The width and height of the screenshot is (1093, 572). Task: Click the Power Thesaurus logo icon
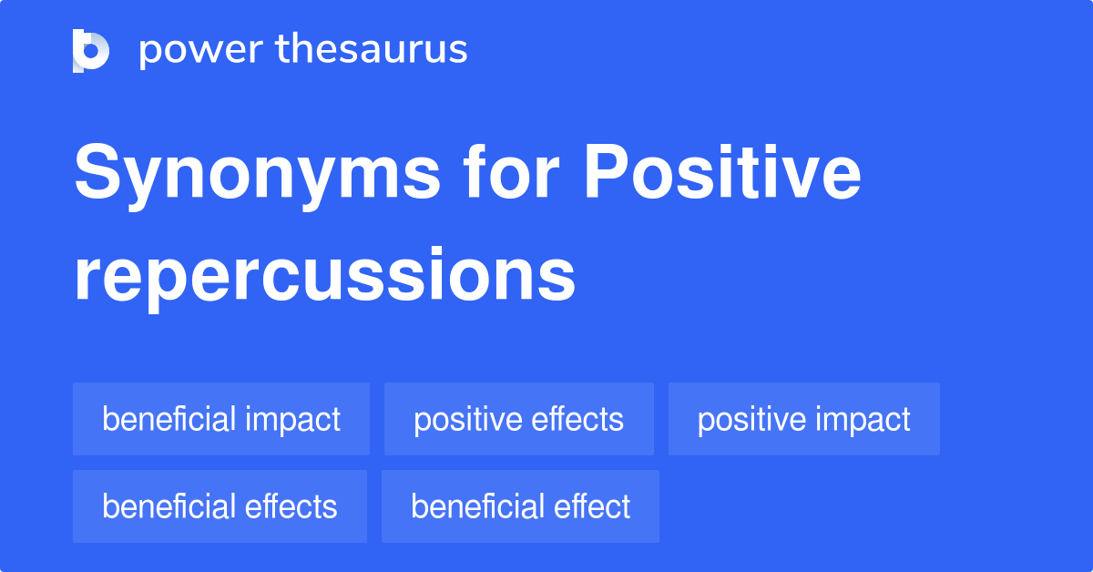click(91, 50)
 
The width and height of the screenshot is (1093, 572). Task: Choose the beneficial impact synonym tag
click(221, 419)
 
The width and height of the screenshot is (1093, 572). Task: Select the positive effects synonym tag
click(518, 419)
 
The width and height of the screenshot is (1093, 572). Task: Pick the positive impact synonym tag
click(803, 419)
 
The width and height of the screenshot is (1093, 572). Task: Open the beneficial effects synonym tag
click(220, 506)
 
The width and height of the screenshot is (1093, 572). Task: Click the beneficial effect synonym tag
click(520, 506)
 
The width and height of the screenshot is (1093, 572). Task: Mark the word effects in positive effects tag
click(577, 419)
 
